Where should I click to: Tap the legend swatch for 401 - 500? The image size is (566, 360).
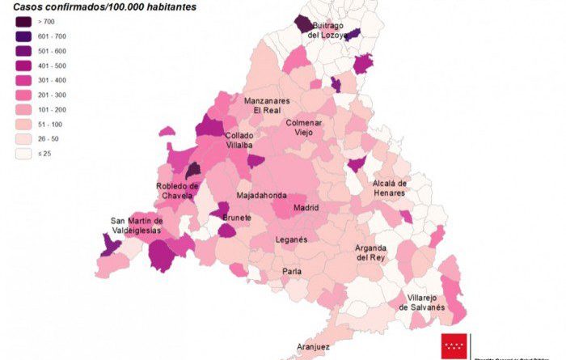tap(23, 66)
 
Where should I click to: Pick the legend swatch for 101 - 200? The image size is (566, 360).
tap(23, 109)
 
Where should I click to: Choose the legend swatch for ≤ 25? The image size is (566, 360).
tap(23, 153)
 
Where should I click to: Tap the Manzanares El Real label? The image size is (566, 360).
tap(272, 105)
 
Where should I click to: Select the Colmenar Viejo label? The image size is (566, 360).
tap(303, 127)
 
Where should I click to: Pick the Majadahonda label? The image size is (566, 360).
tap(261, 196)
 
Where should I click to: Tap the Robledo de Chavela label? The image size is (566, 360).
tap(177, 191)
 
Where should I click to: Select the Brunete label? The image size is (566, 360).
tap(237, 218)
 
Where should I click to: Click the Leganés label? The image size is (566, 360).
tap(291, 240)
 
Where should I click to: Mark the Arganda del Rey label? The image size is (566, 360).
tap(371, 252)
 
